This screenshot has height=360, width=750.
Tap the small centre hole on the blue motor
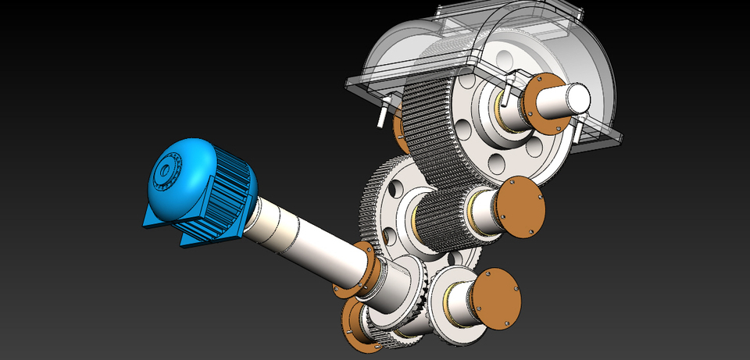point(165,168)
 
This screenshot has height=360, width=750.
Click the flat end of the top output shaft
point(577,97)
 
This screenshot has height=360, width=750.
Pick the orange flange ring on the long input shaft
point(368,269)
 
